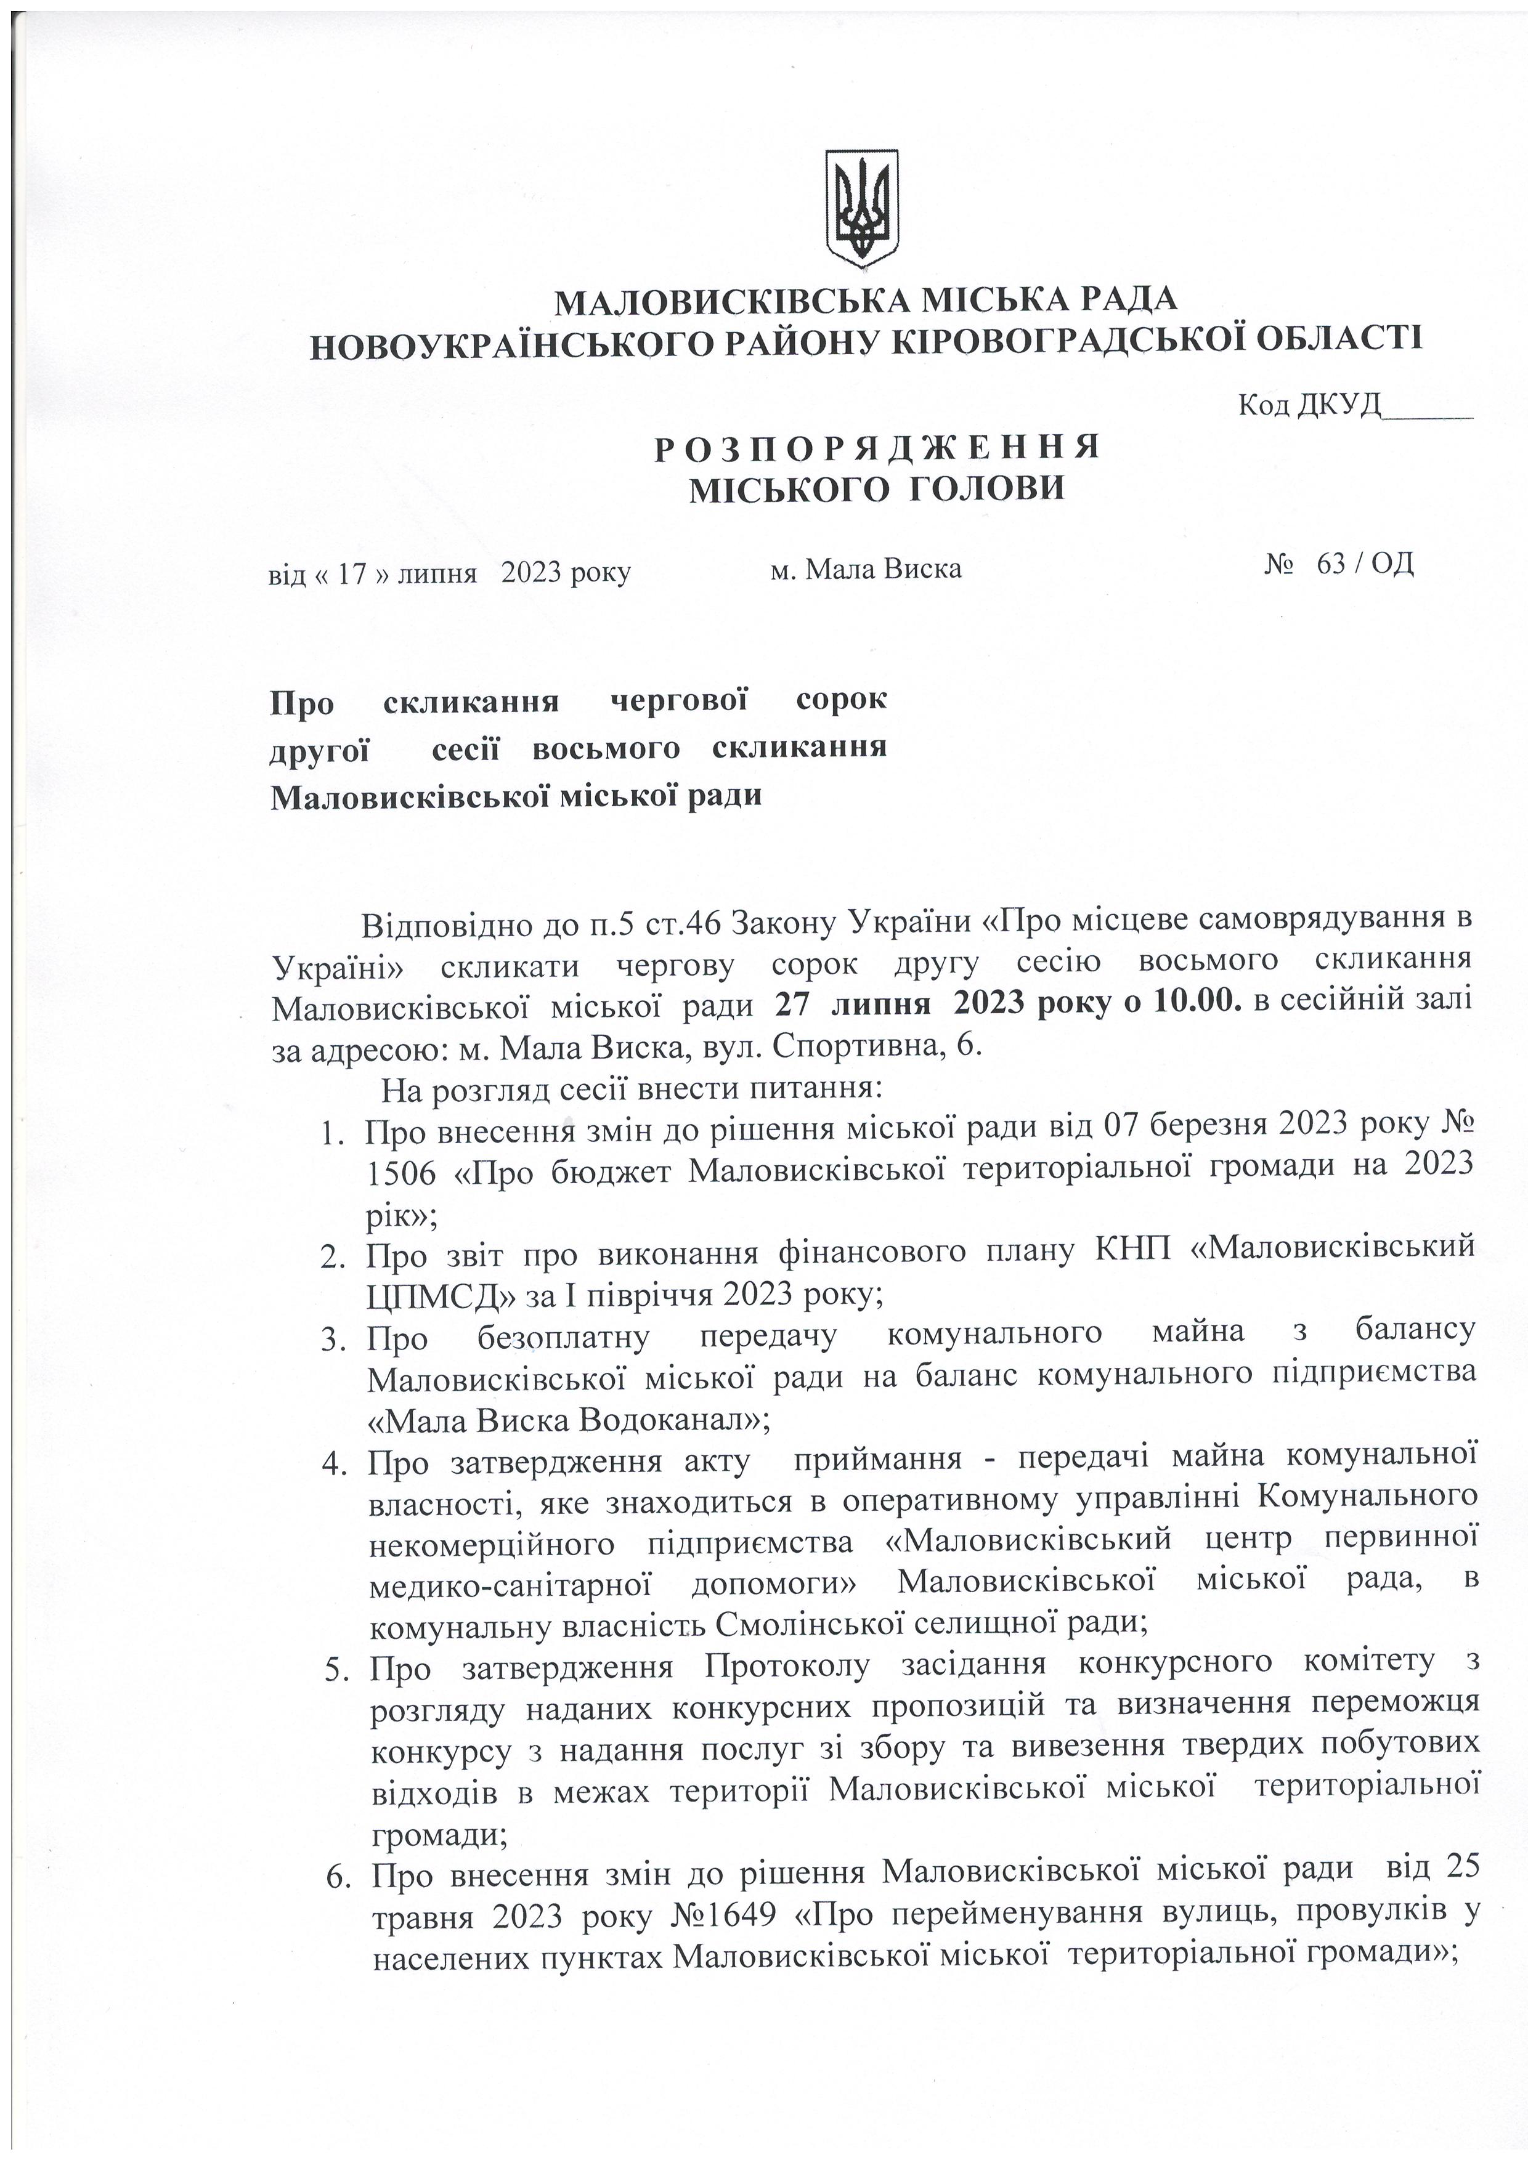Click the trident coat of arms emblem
(863, 206)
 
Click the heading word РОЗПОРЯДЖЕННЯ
(877, 448)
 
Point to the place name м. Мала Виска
(866, 568)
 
